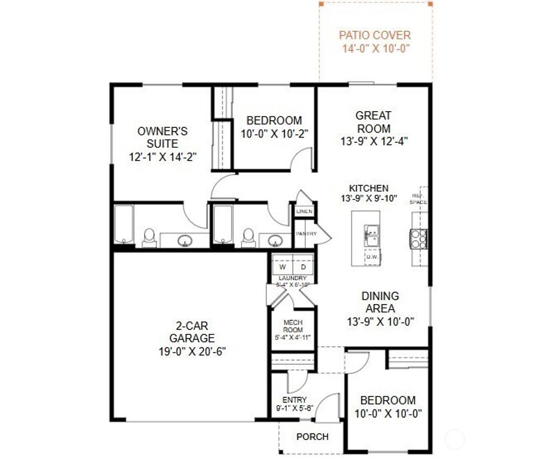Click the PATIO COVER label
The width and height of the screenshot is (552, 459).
[375, 36]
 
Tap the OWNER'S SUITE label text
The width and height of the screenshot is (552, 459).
[162, 138]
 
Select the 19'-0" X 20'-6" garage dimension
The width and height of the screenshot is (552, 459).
[192, 351]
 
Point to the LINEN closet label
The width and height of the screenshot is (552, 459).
[304, 211]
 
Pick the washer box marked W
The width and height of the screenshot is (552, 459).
[282, 267]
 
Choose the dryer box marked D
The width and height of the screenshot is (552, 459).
[303, 267]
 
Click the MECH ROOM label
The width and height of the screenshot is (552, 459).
[293, 326]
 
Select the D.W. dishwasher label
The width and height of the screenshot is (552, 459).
[372, 257]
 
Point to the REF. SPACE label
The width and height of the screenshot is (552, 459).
[418, 198]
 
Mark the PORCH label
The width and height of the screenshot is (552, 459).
[312, 436]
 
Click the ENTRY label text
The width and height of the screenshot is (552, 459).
[294, 400]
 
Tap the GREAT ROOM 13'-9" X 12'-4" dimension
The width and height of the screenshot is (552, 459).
[374, 142]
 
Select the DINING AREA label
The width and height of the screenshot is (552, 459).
[381, 303]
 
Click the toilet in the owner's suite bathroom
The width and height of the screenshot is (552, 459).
[149, 237]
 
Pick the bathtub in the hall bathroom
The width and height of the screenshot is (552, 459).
[223, 224]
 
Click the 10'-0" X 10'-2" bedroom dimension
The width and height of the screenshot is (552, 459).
[274, 134]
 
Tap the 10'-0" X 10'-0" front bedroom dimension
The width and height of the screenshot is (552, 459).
[388, 414]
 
